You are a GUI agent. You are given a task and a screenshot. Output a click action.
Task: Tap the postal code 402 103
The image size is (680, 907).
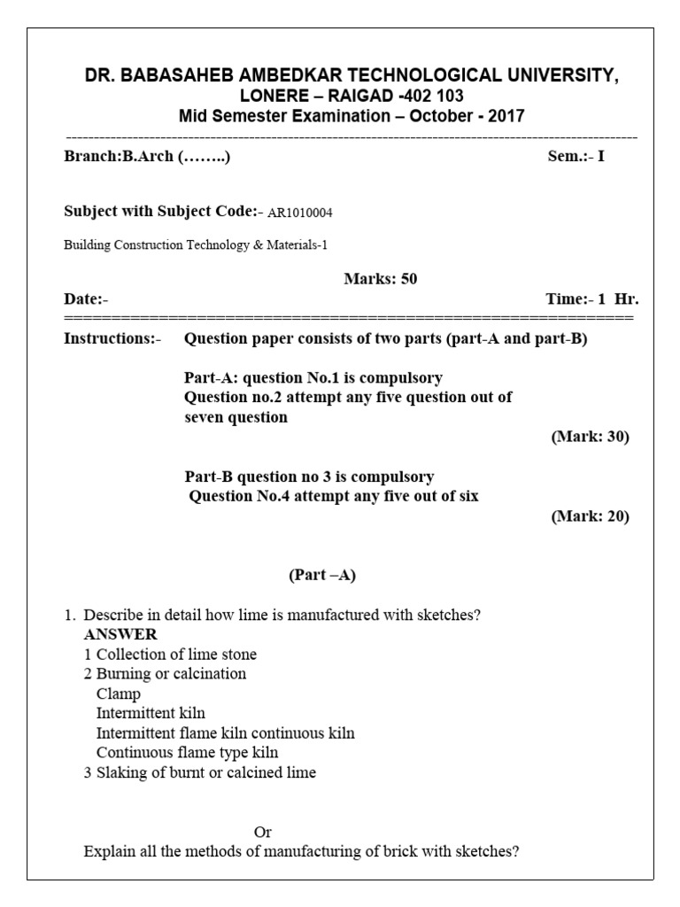432,97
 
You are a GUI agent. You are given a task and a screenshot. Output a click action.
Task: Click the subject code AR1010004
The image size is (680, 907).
300,213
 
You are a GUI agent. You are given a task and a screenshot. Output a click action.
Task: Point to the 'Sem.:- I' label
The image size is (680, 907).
576,158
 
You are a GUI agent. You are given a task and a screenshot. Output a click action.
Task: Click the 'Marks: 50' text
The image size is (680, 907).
380,279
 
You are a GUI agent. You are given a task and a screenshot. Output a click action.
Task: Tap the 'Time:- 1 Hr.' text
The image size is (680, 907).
591,299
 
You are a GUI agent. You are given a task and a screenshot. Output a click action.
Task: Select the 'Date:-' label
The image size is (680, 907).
86,299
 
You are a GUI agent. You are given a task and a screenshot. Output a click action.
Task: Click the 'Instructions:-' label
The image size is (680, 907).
112,338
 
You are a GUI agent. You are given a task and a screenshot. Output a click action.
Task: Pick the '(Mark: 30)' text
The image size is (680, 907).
590,437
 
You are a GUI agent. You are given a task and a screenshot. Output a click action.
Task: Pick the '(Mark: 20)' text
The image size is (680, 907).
590,516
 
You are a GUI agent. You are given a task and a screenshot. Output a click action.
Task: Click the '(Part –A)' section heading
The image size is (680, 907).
322,575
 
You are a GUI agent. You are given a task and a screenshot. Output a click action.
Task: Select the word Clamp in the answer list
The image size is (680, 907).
119,694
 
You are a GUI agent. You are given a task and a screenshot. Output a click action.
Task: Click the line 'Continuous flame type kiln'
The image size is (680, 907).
187,752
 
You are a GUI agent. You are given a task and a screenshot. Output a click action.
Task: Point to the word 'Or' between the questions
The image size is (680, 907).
263,832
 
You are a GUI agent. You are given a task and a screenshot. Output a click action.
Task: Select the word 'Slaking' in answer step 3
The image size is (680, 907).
121,772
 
